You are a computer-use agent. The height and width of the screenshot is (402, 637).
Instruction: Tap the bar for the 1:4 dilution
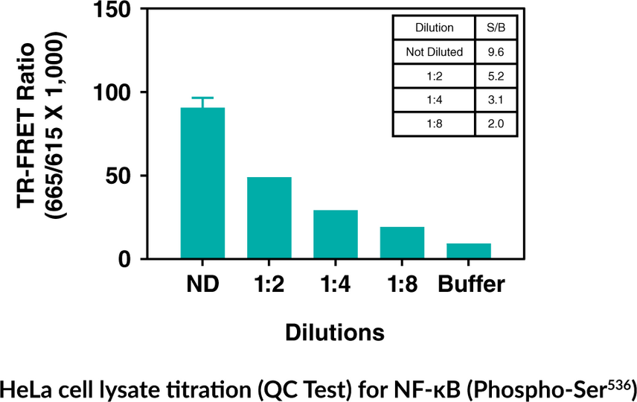coord(335,234)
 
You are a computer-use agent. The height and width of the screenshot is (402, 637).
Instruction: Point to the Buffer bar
coord(468,251)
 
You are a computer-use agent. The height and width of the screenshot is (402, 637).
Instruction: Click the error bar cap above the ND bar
coord(202,98)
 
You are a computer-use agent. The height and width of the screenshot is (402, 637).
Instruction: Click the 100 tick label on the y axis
coord(111,92)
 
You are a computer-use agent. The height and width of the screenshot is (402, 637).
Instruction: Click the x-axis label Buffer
coord(471,285)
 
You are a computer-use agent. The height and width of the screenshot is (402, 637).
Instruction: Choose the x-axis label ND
coord(202,285)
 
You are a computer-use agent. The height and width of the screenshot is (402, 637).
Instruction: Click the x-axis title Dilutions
coord(335,332)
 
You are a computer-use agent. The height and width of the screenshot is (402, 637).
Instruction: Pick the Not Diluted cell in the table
coord(435,52)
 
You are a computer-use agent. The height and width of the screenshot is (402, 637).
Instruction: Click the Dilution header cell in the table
coord(435,28)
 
